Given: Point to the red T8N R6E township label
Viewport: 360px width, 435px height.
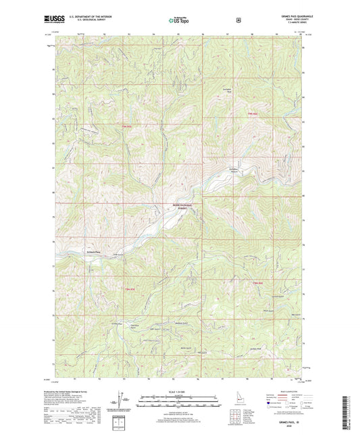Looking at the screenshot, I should pos(257,282).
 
